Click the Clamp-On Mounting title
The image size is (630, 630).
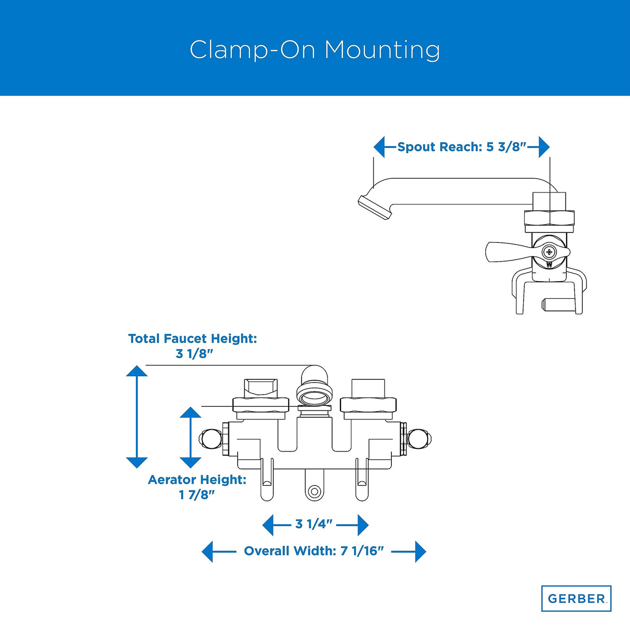[x=314, y=50]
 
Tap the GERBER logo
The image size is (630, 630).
[x=576, y=598]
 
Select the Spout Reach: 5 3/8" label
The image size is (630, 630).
[x=462, y=147]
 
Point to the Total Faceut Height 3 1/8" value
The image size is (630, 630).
[x=195, y=354]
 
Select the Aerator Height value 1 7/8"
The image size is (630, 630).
[x=197, y=495]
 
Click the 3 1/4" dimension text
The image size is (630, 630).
[x=313, y=524]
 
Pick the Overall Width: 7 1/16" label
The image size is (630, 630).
[x=313, y=551]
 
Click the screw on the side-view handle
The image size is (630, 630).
[x=549, y=252]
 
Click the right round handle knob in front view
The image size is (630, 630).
[x=418, y=439]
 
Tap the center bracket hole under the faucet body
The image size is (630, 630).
[x=313, y=491]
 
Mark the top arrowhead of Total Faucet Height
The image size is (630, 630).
[x=137, y=371]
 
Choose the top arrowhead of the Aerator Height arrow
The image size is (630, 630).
[x=190, y=413]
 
